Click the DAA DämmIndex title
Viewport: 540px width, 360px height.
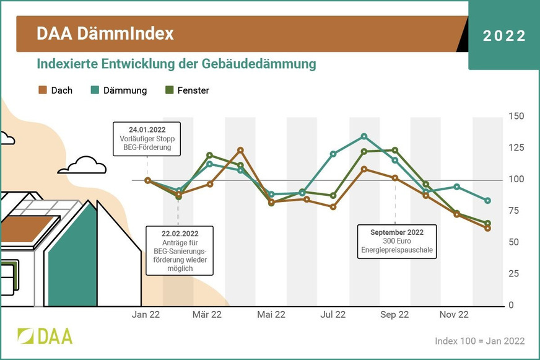click(105, 33)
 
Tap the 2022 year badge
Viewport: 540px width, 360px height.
click(504, 36)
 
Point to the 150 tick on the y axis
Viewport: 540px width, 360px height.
click(516, 116)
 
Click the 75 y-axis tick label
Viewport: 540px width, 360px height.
click(515, 211)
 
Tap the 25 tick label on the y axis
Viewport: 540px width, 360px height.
click(515, 273)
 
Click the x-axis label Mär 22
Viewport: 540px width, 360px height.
click(207, 315)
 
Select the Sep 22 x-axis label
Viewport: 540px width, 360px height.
click(394, 315)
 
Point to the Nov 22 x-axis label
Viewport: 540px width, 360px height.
click(454, 315)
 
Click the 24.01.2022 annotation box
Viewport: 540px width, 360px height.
click(147, 139)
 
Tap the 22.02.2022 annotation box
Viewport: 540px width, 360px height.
click(179, 250)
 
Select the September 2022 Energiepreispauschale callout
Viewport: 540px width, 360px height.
click(397, 242)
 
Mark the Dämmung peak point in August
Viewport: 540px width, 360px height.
click(364, 136)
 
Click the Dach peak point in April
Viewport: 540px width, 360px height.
click(240, 151)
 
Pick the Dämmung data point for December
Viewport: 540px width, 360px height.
click(488, 201)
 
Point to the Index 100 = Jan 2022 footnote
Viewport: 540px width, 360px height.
click(479, 341)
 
